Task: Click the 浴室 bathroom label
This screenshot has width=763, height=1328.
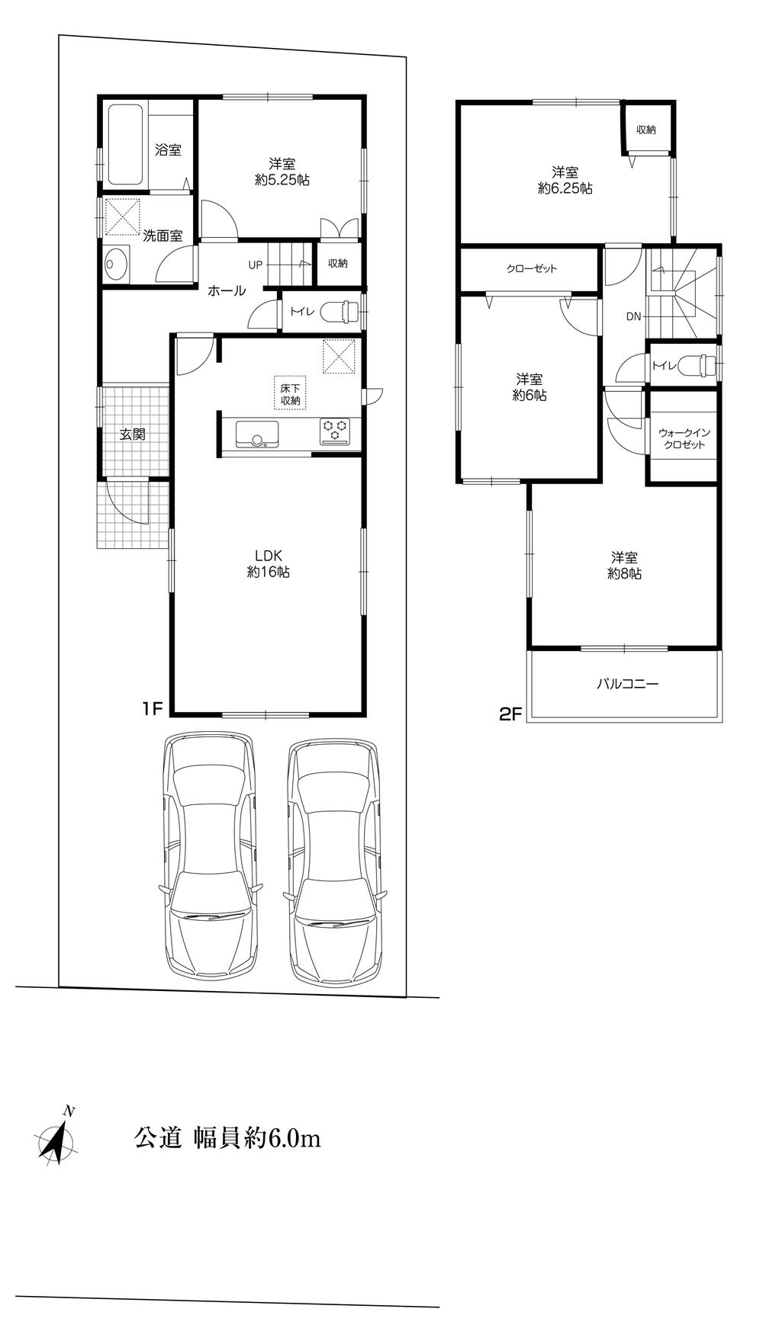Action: (168, 150)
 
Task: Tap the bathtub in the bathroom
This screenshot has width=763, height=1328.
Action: (126, 145)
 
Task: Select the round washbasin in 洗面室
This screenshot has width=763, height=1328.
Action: (116, 265)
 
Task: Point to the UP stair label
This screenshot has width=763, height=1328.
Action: (255, 265)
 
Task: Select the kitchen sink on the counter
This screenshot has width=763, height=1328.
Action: (258, 433)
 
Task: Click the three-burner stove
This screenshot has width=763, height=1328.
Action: (334, 431)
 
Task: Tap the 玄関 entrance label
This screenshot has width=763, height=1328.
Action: (132, 435)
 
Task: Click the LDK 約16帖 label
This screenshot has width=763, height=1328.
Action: (268, 564)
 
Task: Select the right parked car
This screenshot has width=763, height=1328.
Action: (334, 861)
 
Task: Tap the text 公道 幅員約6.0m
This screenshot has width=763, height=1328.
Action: (227, 1139)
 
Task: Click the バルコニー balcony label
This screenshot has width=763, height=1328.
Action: (626, 684)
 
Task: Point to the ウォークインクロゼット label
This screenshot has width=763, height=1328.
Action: (684, 438)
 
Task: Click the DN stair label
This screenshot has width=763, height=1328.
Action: (633, 316)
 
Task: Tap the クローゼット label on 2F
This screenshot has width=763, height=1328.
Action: (531, 268)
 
